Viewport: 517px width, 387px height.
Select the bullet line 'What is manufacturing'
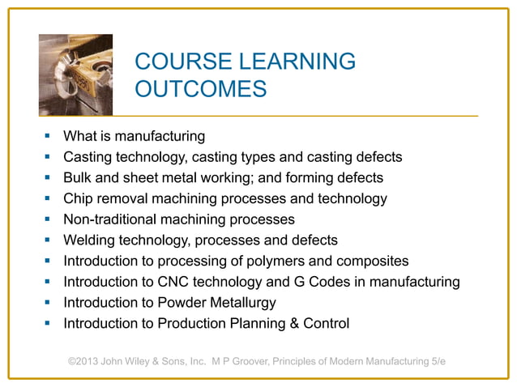[134, 135]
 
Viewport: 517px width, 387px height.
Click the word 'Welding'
[91, 240]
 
